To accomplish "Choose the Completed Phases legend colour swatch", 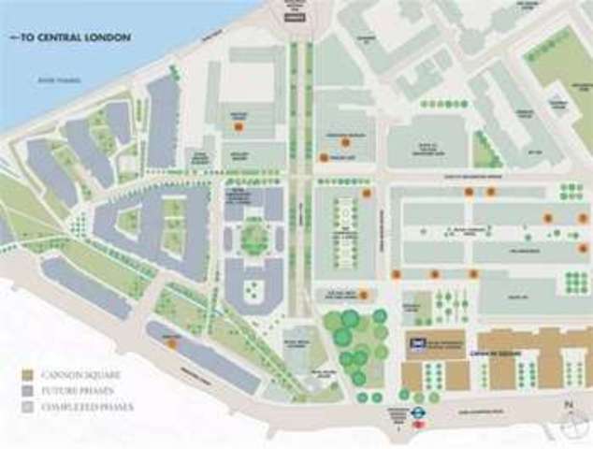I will [28, 407].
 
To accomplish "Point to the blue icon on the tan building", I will [415, 343].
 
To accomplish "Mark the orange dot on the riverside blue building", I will [171, 343].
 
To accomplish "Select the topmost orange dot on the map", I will [239, 125].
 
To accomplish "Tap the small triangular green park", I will [485, 150].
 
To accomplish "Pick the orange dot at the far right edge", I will [583, 219].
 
